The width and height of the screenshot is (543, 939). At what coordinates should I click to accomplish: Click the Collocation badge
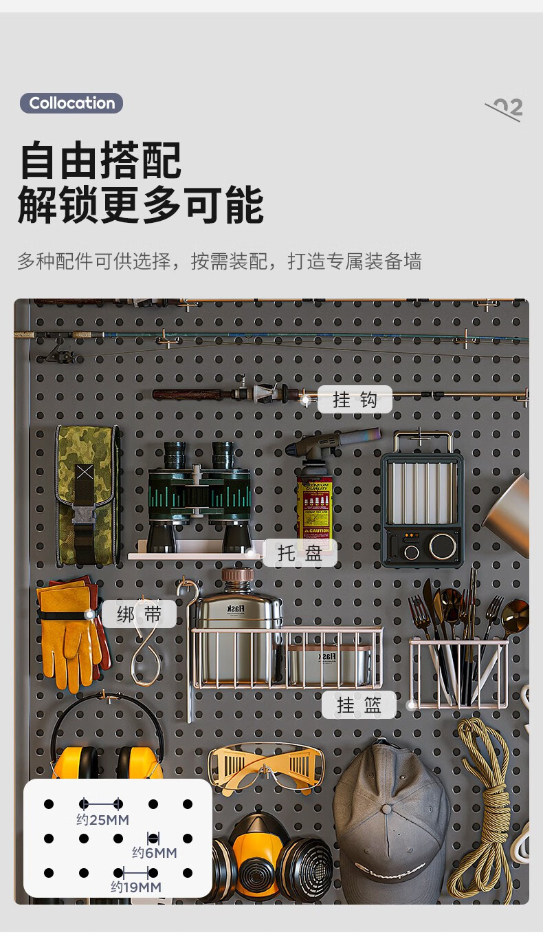tap(71, 103)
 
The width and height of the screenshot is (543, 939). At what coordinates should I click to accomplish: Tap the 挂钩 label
tap(355, 399)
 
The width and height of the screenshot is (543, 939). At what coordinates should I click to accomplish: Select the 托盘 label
tap(300, 553)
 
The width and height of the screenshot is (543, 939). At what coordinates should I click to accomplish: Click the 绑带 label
tap(139, 614)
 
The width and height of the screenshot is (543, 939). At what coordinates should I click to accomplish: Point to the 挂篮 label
tap(359, 704)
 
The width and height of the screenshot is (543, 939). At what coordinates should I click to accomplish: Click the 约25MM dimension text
tap(102, 819)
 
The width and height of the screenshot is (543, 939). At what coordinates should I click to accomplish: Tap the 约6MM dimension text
tap(154, 852)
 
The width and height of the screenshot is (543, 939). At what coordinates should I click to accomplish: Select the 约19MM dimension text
tap(136, 887)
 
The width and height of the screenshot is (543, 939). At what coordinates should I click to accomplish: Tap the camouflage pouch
tap(87, 495)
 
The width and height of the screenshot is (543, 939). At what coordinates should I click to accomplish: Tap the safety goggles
tap(266, 766)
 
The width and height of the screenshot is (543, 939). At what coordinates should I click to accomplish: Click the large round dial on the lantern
tap(443, 546)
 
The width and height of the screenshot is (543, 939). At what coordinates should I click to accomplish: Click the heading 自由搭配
tap(100, 160)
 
